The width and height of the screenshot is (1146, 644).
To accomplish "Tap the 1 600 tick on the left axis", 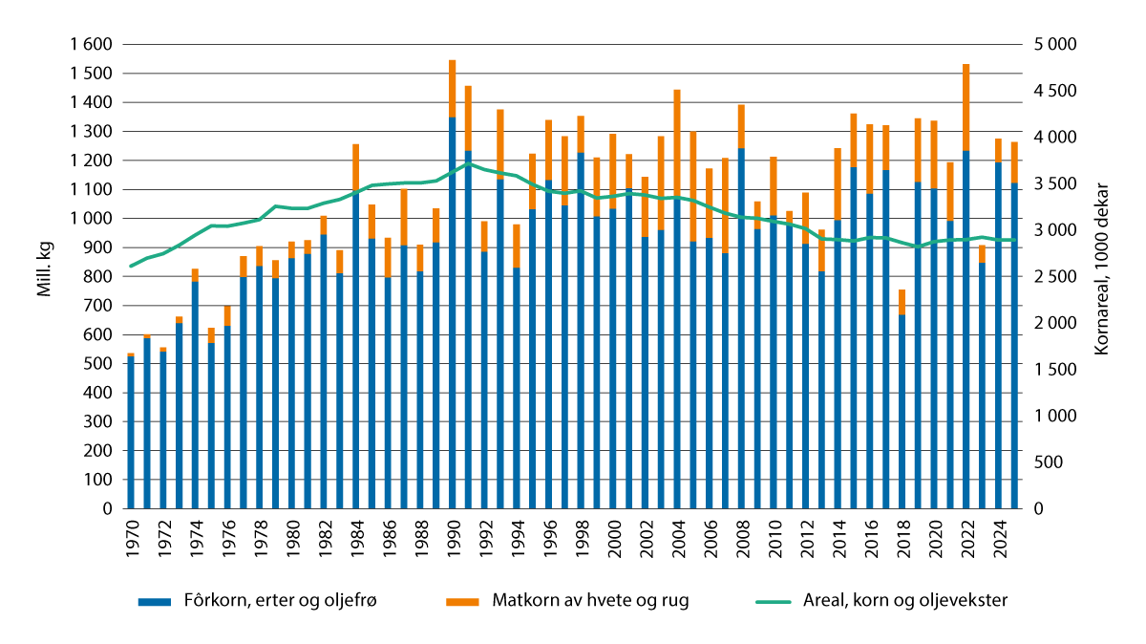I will [92, 45].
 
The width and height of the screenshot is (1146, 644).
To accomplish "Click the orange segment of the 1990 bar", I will [453, 89].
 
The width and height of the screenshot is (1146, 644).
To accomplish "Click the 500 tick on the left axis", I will [99, 364].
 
